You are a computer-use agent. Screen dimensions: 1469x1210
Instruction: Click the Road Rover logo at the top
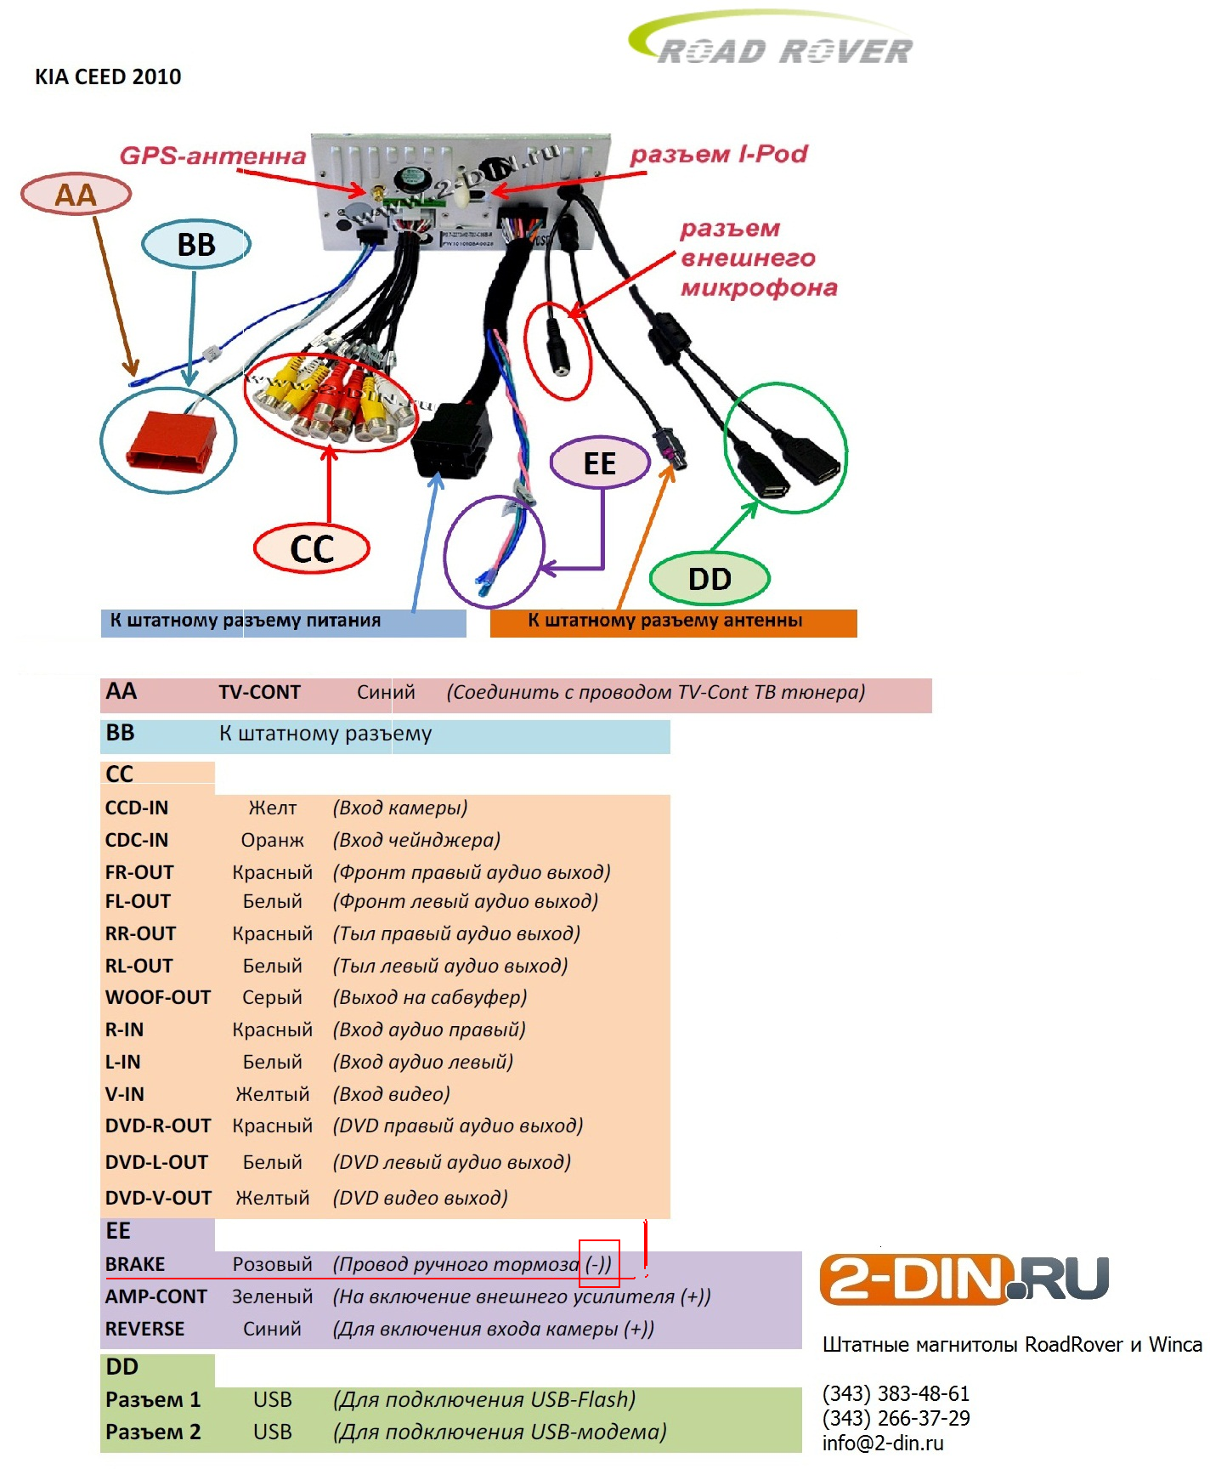773,43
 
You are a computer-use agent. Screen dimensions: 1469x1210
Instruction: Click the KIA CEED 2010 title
108,77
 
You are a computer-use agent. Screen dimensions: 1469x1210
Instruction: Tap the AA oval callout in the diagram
76,195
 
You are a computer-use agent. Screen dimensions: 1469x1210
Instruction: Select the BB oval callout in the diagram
196,245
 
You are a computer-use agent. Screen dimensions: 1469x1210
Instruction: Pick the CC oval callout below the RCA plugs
312,549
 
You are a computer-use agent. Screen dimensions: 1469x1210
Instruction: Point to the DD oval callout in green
710,579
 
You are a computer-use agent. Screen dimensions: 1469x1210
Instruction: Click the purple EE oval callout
600,463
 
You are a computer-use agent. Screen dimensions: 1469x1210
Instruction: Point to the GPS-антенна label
212,156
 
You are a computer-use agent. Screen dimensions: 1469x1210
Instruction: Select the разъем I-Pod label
718,154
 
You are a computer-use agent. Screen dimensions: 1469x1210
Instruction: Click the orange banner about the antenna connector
673,621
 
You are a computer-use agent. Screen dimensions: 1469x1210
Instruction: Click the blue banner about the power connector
283,621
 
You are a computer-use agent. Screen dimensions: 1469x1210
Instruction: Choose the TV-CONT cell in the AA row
259,693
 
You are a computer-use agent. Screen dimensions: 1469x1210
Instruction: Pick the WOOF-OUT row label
158,997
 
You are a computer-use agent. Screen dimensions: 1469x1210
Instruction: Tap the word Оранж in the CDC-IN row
272,840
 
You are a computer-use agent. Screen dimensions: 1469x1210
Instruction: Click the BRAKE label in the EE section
135,1264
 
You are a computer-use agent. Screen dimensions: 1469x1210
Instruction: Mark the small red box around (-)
599,1263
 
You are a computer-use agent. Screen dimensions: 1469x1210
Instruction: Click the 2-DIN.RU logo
964,1279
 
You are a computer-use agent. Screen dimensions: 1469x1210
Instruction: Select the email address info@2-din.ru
883,1443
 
